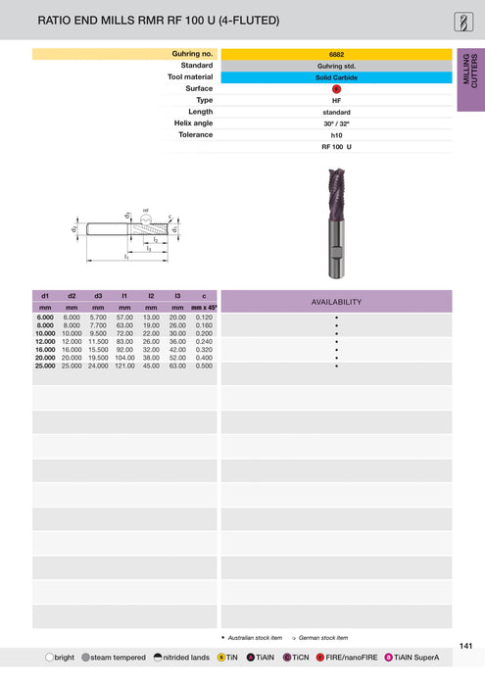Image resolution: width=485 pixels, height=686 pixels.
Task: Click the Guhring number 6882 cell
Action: click(x=336, y=54)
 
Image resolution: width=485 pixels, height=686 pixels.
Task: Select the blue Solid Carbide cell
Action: click(x=336, y=76)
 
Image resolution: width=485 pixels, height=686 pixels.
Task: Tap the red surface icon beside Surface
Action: click(x=336, y=88)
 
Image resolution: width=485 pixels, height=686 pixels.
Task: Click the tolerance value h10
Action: click(x=336, y=134)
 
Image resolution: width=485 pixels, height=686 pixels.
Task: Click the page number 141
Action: click(x=466, y=645)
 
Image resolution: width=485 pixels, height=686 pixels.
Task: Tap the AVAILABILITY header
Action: click(x=336, y=302)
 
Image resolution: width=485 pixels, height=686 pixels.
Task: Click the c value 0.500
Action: click(x=204, y=366)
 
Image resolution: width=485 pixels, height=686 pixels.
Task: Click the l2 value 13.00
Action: click(x=151, y=318)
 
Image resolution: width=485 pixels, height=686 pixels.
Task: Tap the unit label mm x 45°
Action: click(x=204, y=307)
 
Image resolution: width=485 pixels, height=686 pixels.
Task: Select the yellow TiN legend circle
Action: click(x=222, y=657)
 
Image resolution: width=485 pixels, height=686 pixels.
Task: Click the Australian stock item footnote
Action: click(x=253, y=637)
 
